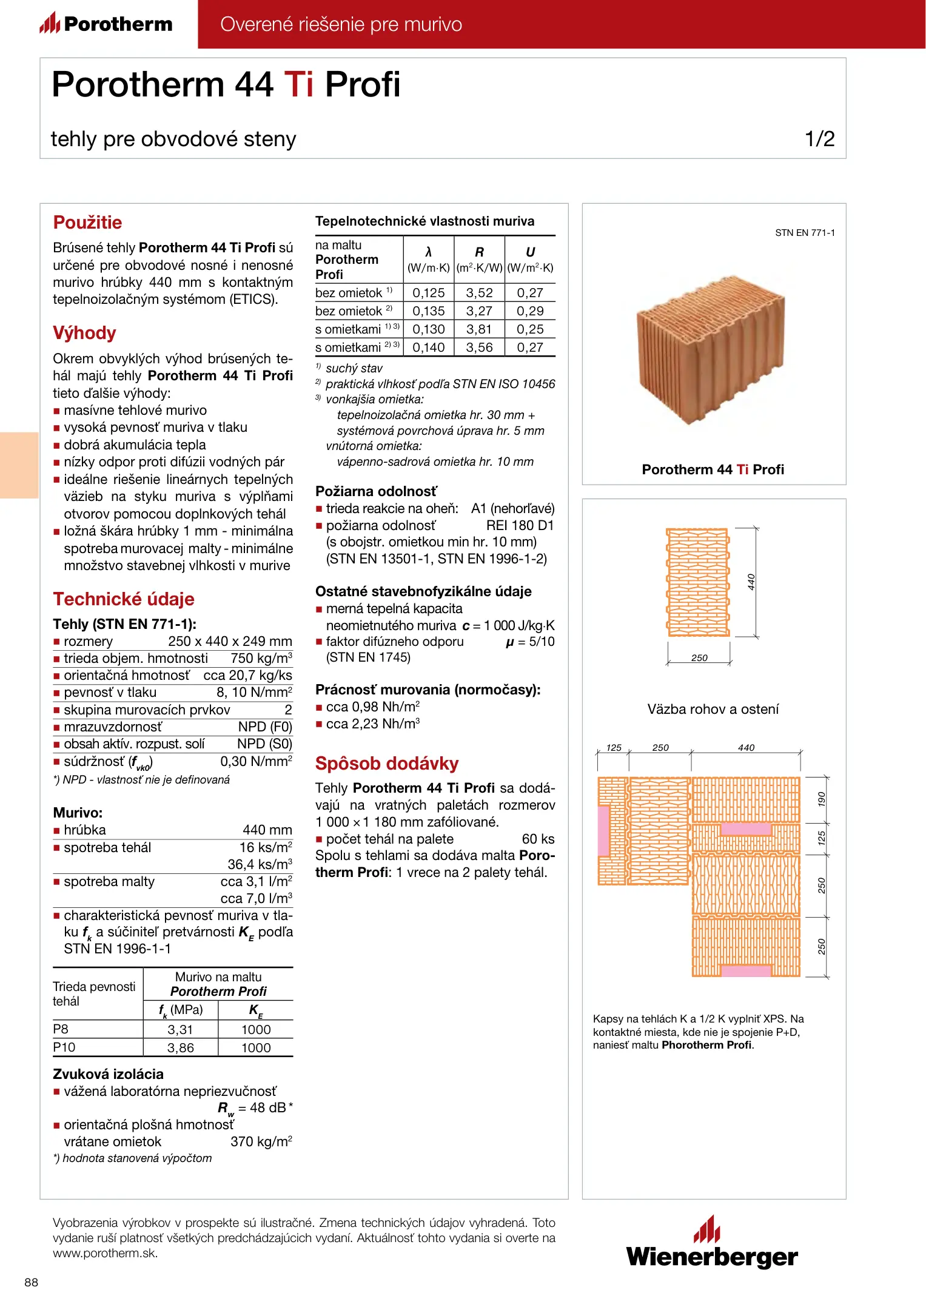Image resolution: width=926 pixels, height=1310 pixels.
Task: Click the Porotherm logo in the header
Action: tap(106, 24)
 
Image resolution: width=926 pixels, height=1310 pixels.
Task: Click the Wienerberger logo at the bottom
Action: tap(712, 1243)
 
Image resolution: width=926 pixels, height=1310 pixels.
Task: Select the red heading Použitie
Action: tap(87, 223)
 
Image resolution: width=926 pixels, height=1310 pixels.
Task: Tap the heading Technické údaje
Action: tap(124, 599)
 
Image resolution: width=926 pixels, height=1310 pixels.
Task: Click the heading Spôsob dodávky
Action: tap(387, 764)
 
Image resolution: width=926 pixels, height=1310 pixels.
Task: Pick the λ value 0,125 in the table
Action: tap(429, 293)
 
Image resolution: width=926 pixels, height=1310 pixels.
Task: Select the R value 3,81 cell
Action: tap(479, 329)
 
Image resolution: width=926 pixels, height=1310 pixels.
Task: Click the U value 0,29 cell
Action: tap(530, 311)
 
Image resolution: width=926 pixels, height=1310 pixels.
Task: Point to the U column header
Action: tap(530, 252)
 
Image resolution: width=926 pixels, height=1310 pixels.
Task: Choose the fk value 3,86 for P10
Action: tap(180, 1047)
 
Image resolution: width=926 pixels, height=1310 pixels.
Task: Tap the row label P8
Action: tap(61, 1029)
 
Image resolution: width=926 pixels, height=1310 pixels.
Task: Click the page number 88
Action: tap(31, 1282)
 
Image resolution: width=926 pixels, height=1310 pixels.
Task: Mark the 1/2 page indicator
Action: tap(819, 139)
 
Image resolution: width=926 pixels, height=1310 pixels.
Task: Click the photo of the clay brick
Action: tap(711, 350)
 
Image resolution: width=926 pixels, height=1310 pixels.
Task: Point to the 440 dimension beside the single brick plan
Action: tap(751, 582)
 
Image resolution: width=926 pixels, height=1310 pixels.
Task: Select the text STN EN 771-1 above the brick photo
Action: tap(805, 233)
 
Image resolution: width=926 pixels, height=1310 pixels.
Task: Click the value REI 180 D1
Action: tap(520, 526)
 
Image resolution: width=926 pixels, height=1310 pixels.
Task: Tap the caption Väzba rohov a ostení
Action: tap(713, 709)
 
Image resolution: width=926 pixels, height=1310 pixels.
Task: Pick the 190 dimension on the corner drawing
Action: tap(821, 799)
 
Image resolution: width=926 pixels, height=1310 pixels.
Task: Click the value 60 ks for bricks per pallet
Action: tap(538, 839)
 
